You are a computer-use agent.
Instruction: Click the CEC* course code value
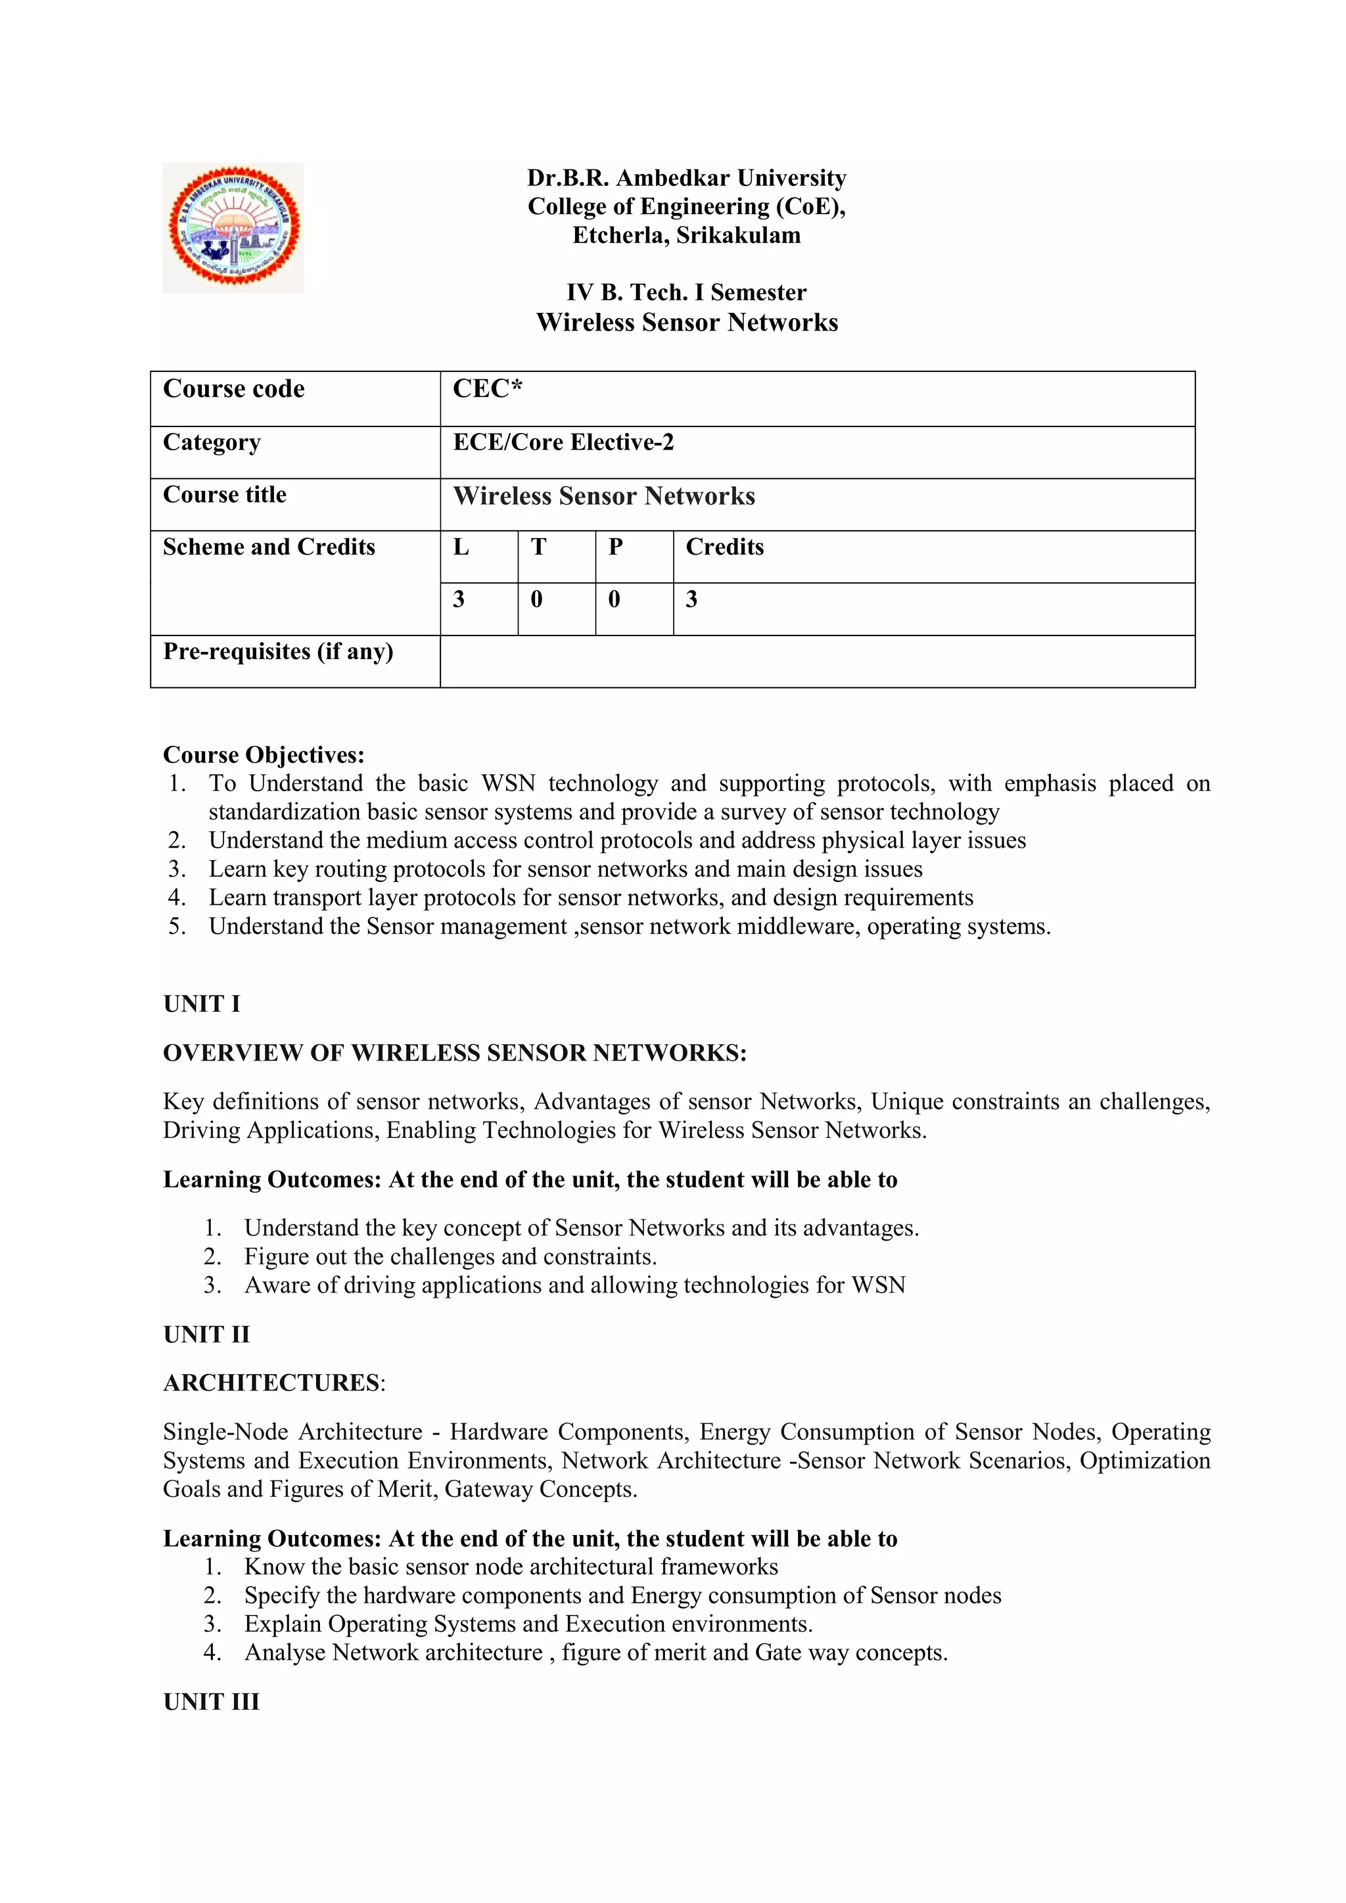tap(488, 389)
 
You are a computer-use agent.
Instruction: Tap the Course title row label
tap(225, 495)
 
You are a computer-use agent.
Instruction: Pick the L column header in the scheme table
tap(461, 547)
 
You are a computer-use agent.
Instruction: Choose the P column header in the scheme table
tap(615, 547)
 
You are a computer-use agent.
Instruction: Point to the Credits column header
tap(724, 547)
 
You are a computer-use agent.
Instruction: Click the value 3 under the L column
tap(458, 599)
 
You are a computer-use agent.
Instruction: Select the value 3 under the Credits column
tap(691, 599)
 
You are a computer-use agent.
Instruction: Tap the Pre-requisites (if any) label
tap(277, 651)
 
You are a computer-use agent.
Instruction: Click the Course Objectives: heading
tap(264, 755)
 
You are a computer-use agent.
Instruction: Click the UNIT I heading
tap(201, 1003)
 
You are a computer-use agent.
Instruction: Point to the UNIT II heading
tap(206, 1335)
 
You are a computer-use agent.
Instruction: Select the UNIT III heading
tap(212, 1701)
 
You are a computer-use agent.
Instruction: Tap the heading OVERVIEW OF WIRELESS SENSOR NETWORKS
tap(454, 1053)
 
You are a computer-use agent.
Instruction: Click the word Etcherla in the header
tap(619, 235)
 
